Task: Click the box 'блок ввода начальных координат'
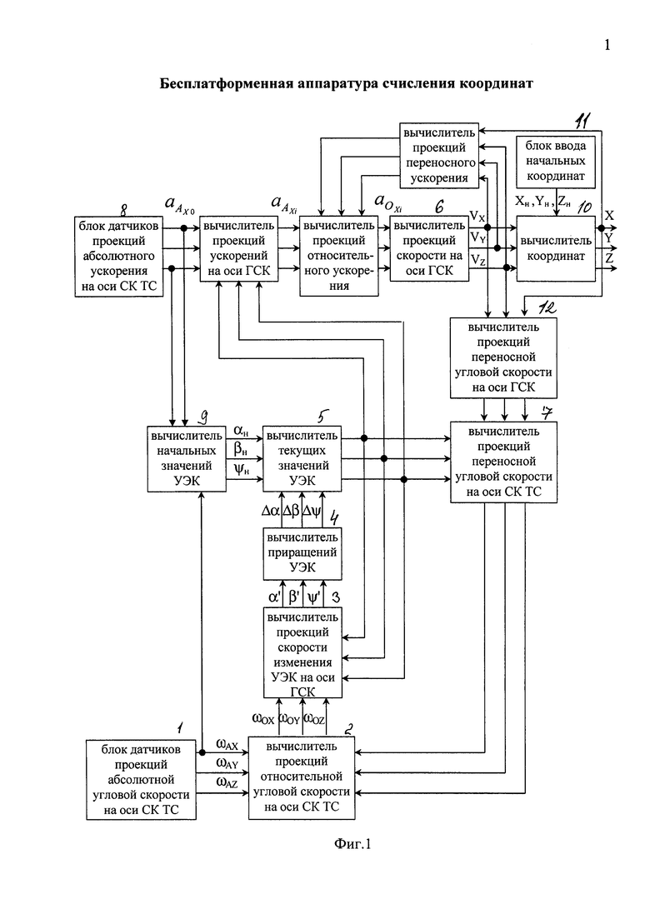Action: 556,161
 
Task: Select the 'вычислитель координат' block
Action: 556,248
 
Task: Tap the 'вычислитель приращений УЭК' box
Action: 302,552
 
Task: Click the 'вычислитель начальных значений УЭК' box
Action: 187,458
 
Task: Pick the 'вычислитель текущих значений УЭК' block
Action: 302,458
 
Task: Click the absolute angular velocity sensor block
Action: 141,780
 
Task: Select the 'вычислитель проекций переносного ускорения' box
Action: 439,155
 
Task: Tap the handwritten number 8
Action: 123,209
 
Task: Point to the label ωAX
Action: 227,744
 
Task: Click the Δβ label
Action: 292,511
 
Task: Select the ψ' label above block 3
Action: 314,597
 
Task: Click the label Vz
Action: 477,259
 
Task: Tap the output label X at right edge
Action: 609,215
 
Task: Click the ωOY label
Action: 289,718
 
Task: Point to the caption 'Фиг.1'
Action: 352,843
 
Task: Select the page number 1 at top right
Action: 607,44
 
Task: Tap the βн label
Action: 240,450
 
